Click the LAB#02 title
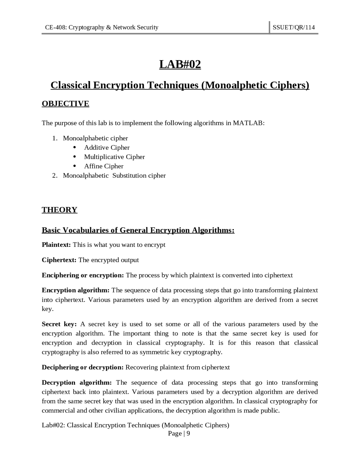click(180, 64)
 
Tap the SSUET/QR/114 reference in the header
click(294, 27)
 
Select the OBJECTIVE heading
click(65, 104)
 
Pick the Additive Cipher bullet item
click(107, 147)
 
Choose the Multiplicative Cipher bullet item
click(114, 157)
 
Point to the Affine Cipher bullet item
click(103, 166)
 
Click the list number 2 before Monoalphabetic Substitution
click(54, 176)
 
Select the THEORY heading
click(59, 210)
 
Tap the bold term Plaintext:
click(56, 245)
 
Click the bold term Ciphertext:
click(59, 260)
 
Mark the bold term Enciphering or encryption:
click(83, 275)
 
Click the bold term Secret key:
click(59, 324)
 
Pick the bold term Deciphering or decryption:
click(83, 367)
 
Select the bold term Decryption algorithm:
click(77, 382)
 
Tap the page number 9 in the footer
click(188, 433)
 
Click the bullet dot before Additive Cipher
click(75, 147)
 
